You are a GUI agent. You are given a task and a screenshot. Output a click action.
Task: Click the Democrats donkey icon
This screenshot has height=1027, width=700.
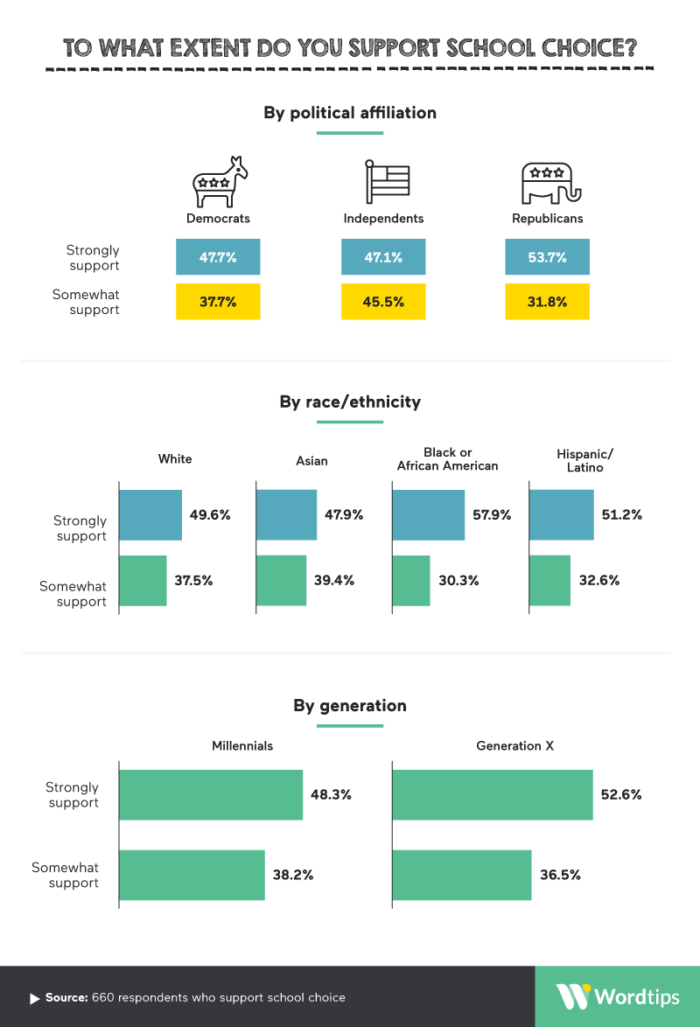tap(220, 182)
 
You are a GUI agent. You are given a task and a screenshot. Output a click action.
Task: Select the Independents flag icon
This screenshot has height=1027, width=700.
tap(386, 182)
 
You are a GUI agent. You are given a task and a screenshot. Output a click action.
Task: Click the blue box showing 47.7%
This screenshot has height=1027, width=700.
tap(218, 257)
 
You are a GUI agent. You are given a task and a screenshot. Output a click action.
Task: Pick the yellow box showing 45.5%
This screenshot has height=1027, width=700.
tap(383, 302)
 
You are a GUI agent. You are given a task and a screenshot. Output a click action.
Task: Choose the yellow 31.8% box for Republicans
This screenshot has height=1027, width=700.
tap(547, 302)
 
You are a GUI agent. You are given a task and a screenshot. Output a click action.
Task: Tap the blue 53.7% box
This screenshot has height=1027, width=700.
tap(547, 257)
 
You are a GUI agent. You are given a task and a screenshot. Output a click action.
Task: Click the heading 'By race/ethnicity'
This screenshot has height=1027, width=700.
tap(350, 402)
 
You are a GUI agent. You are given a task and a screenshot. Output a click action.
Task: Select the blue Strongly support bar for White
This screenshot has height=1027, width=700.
tap(150, 515)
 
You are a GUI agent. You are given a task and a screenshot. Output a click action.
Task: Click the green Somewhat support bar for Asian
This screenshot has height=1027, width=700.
tap(282, 580)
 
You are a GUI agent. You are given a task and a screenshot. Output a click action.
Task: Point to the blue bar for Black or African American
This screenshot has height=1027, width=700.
tap(429, 515)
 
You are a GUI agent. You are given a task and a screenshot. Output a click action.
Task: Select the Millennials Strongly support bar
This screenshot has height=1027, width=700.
tap(211, 795)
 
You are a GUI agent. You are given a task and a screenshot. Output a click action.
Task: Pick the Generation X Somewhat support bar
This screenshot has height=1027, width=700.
tap(462, 875)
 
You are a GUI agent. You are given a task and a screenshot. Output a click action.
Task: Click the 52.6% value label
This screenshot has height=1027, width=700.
tap(621, 795)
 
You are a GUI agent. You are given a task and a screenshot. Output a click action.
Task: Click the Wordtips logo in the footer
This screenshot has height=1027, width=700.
tap(617, 996)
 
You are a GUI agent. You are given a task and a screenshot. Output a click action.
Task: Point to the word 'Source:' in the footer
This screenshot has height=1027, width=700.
tap(66, 997)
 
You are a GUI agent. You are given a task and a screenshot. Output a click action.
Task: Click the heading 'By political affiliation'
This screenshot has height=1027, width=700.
tap(350, 113)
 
